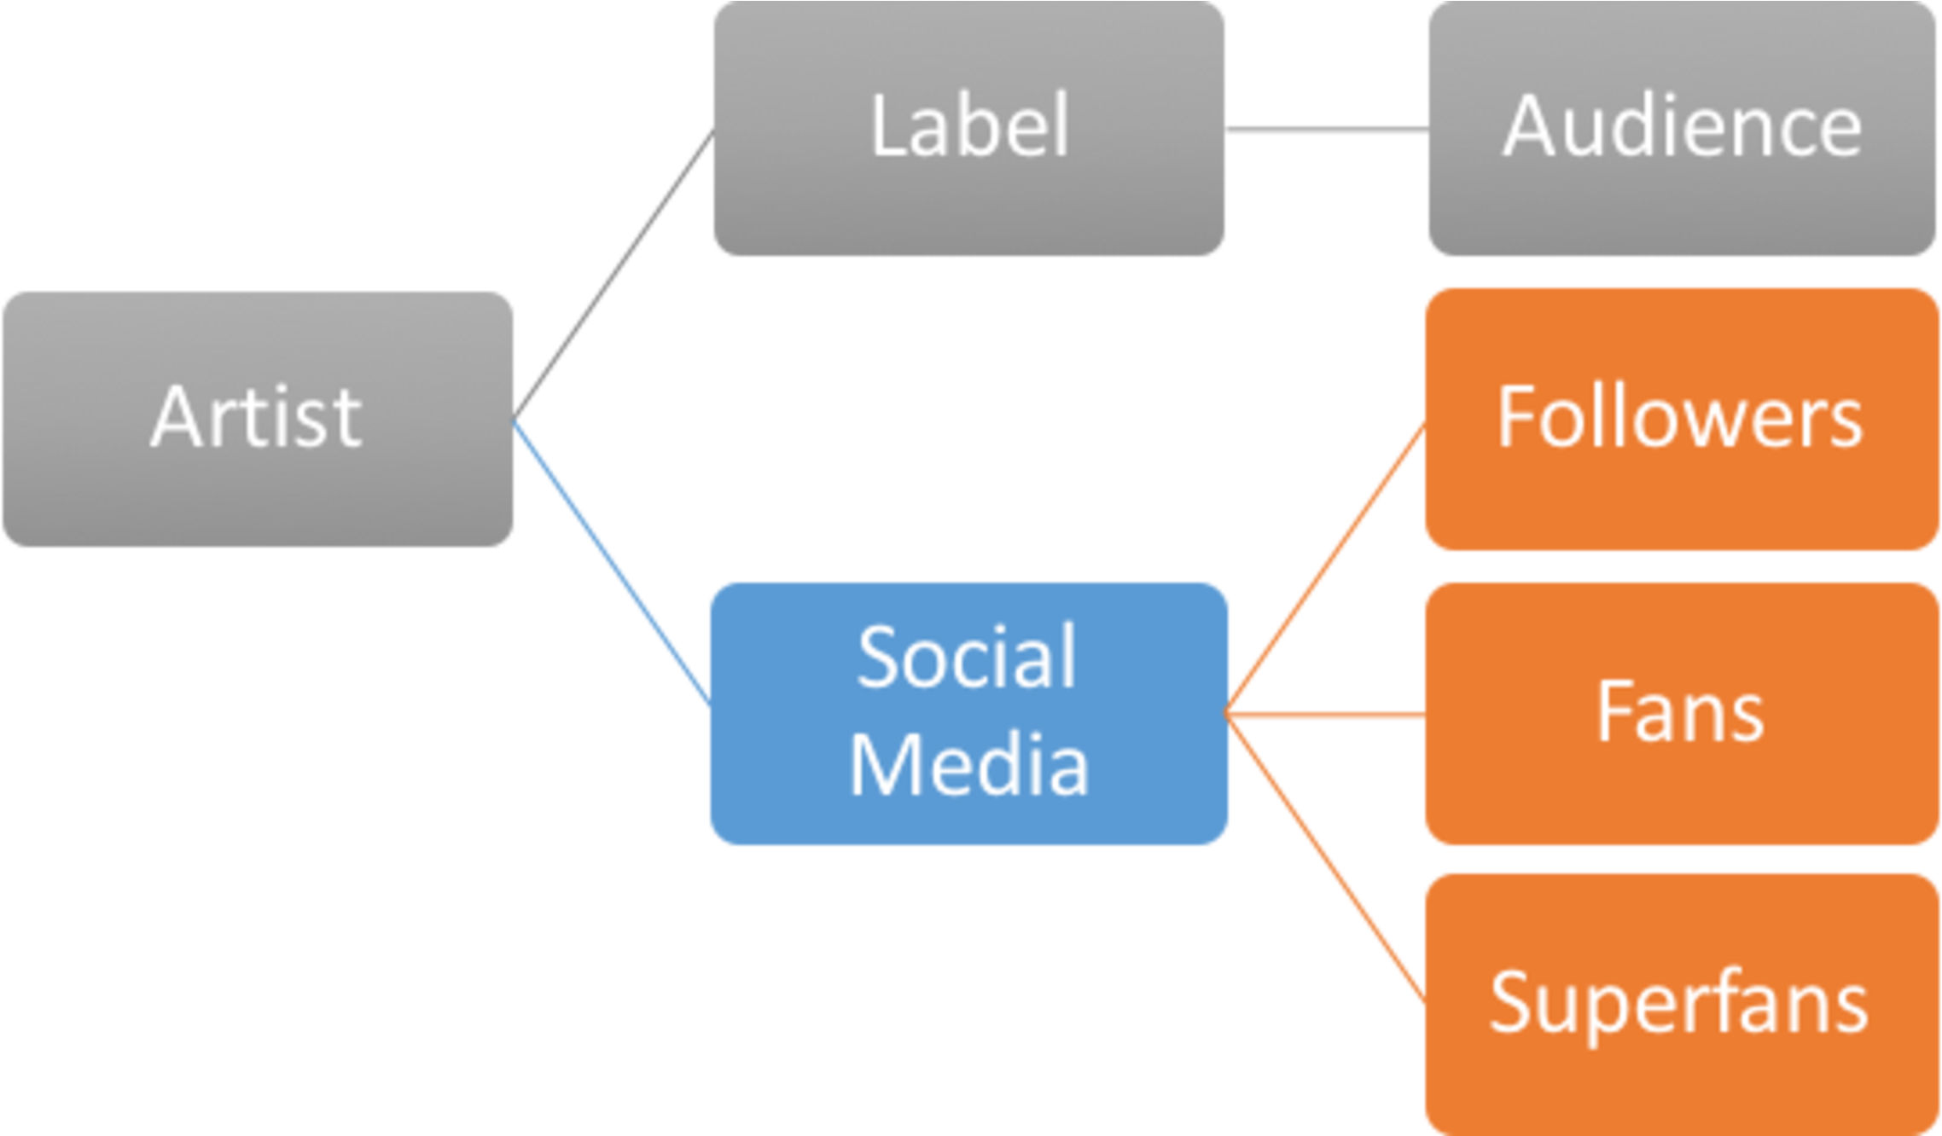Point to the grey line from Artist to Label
tap(613, 275)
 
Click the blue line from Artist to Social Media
tap(611, 565)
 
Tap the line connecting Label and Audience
tap(1326, 130)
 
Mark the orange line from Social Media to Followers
tap(1324, 567)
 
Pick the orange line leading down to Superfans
tap(1324, 860)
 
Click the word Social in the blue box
tap(967, 657)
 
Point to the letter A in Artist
tap(177, 416)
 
